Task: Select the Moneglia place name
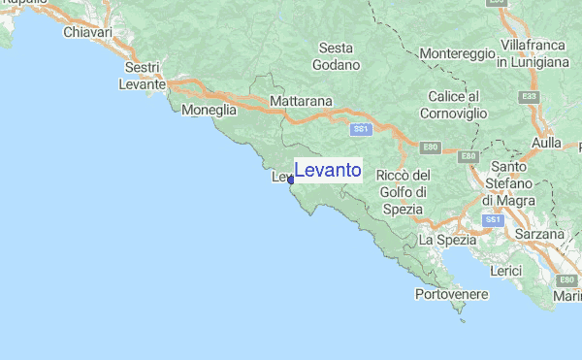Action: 210,111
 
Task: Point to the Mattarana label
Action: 302,101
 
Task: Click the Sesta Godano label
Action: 337,56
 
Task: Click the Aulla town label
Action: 548,143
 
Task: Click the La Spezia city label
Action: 447,239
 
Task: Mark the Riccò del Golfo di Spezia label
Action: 402,192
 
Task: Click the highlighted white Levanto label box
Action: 328,171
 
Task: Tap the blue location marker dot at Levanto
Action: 290,180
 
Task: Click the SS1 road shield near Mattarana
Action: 361,128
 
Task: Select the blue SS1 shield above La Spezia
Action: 493,220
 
